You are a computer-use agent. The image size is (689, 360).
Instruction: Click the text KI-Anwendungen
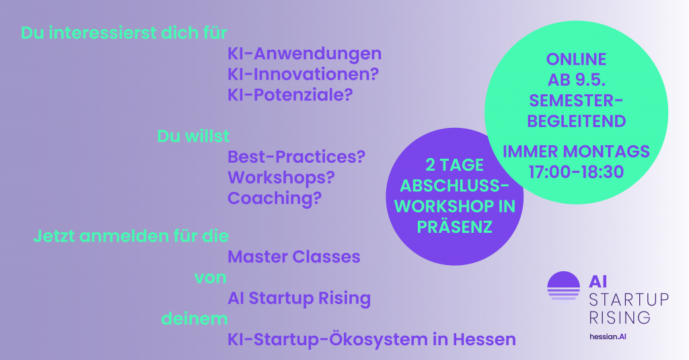coord(305,54)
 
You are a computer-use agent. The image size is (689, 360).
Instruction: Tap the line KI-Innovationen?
coord(303,74)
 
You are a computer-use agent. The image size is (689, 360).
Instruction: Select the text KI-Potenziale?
coord(290,94)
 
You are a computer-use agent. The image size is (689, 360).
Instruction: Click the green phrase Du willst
coord(193,136)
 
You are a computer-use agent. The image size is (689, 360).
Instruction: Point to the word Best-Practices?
coord(297,157)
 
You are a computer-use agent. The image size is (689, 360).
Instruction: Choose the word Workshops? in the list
coord(281,178)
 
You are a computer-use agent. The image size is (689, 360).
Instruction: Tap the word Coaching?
coord(275,199)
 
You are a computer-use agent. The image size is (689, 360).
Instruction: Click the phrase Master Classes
coord(294,256)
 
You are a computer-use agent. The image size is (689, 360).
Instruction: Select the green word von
coord(211,278)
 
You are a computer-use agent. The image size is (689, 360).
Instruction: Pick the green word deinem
coord(194,318)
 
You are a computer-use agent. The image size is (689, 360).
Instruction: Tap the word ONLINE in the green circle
coord(576,59)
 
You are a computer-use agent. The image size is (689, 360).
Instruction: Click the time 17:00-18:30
coord(576,172)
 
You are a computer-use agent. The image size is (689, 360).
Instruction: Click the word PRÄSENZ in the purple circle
coord(454,227)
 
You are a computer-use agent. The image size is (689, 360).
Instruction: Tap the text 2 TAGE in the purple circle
coord(454,166)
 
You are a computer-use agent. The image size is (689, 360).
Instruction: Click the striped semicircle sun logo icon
coord(564,286)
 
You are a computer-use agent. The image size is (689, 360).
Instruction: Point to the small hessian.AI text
coord(608,336)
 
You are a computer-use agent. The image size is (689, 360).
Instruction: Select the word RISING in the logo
coord(620,318)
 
